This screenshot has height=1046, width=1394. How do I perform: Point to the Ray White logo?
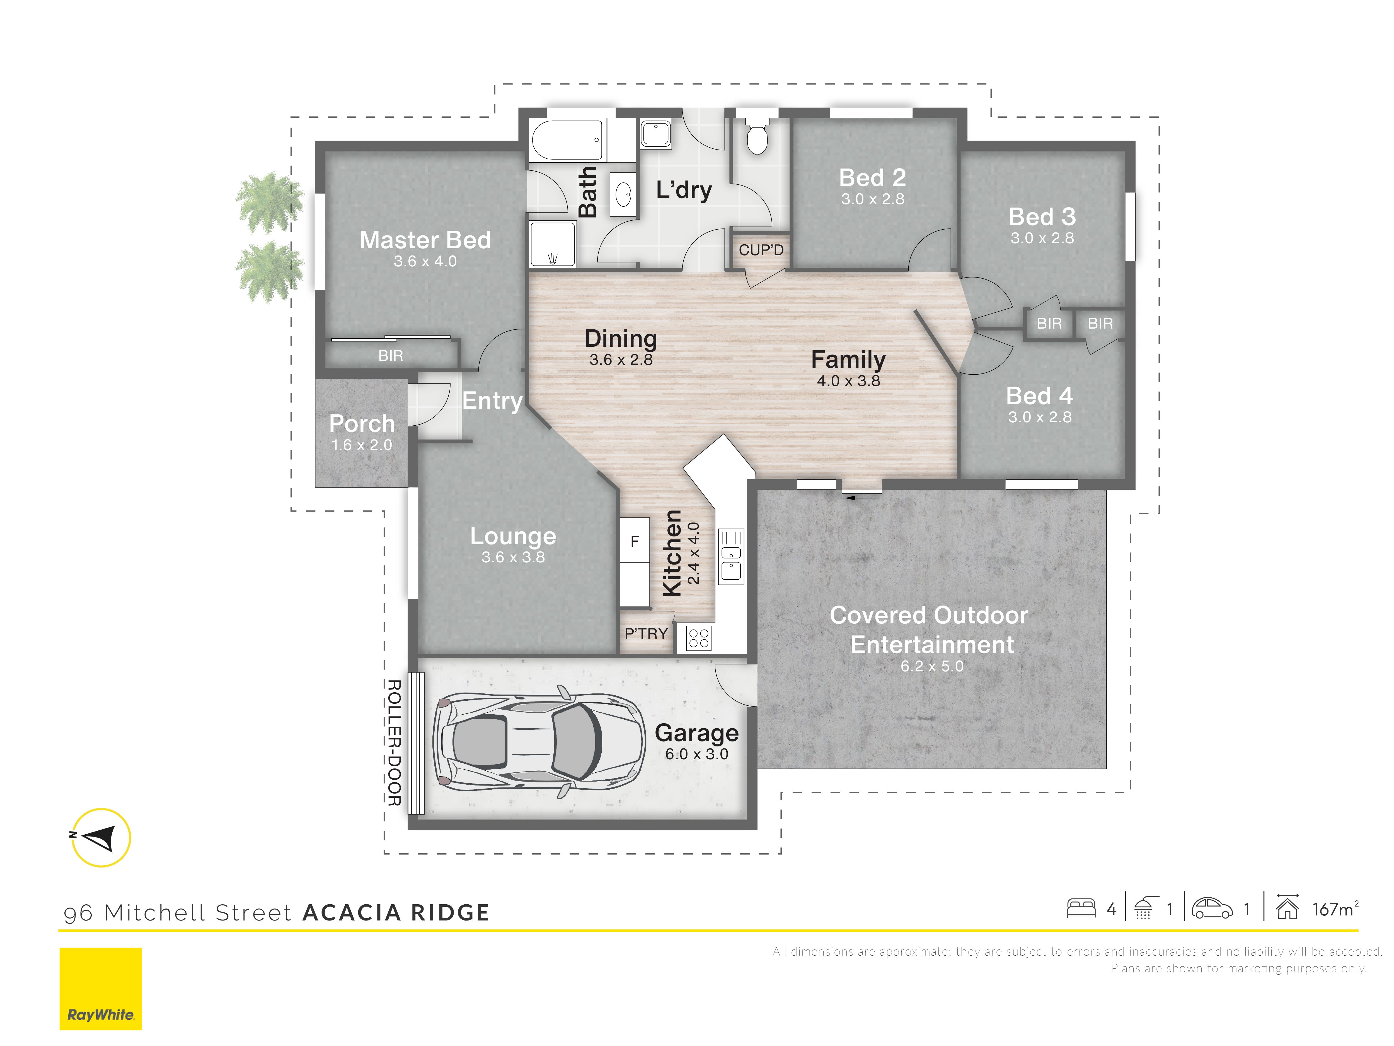(101, 989)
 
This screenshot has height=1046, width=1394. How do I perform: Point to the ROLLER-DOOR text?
(394, 743)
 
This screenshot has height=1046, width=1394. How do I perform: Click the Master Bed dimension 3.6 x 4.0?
(425, 261)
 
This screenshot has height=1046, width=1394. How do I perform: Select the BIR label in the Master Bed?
(391, 356)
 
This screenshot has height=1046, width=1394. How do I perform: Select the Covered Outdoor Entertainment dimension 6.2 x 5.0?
(932, 666)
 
